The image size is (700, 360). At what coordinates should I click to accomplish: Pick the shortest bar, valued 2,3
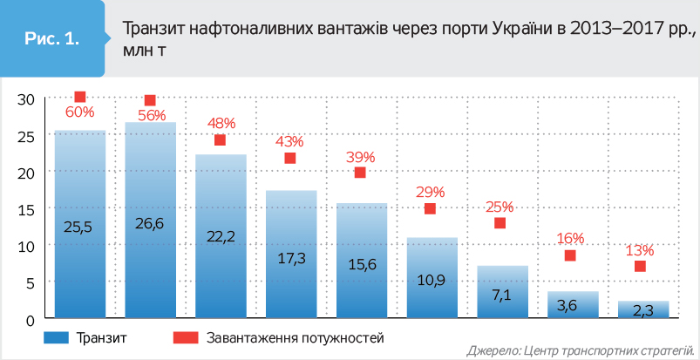tap(644, 310)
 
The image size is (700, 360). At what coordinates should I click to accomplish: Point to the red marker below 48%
tap(221, 140)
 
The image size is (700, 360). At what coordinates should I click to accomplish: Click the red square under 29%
tap(430, 208)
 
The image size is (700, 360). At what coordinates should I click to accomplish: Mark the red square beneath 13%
tap(640, 266)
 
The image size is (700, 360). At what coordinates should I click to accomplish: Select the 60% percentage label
tap(79, 112)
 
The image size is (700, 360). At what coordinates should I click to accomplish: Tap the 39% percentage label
tap(360, 157)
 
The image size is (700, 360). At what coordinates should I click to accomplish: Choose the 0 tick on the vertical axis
tap(30, 319)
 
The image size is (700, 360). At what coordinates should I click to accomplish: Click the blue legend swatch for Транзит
tap(54, 336)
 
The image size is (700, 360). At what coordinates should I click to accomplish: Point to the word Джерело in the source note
tap(492, 350)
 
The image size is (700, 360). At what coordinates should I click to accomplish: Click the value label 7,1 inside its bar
tap(501, 294)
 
